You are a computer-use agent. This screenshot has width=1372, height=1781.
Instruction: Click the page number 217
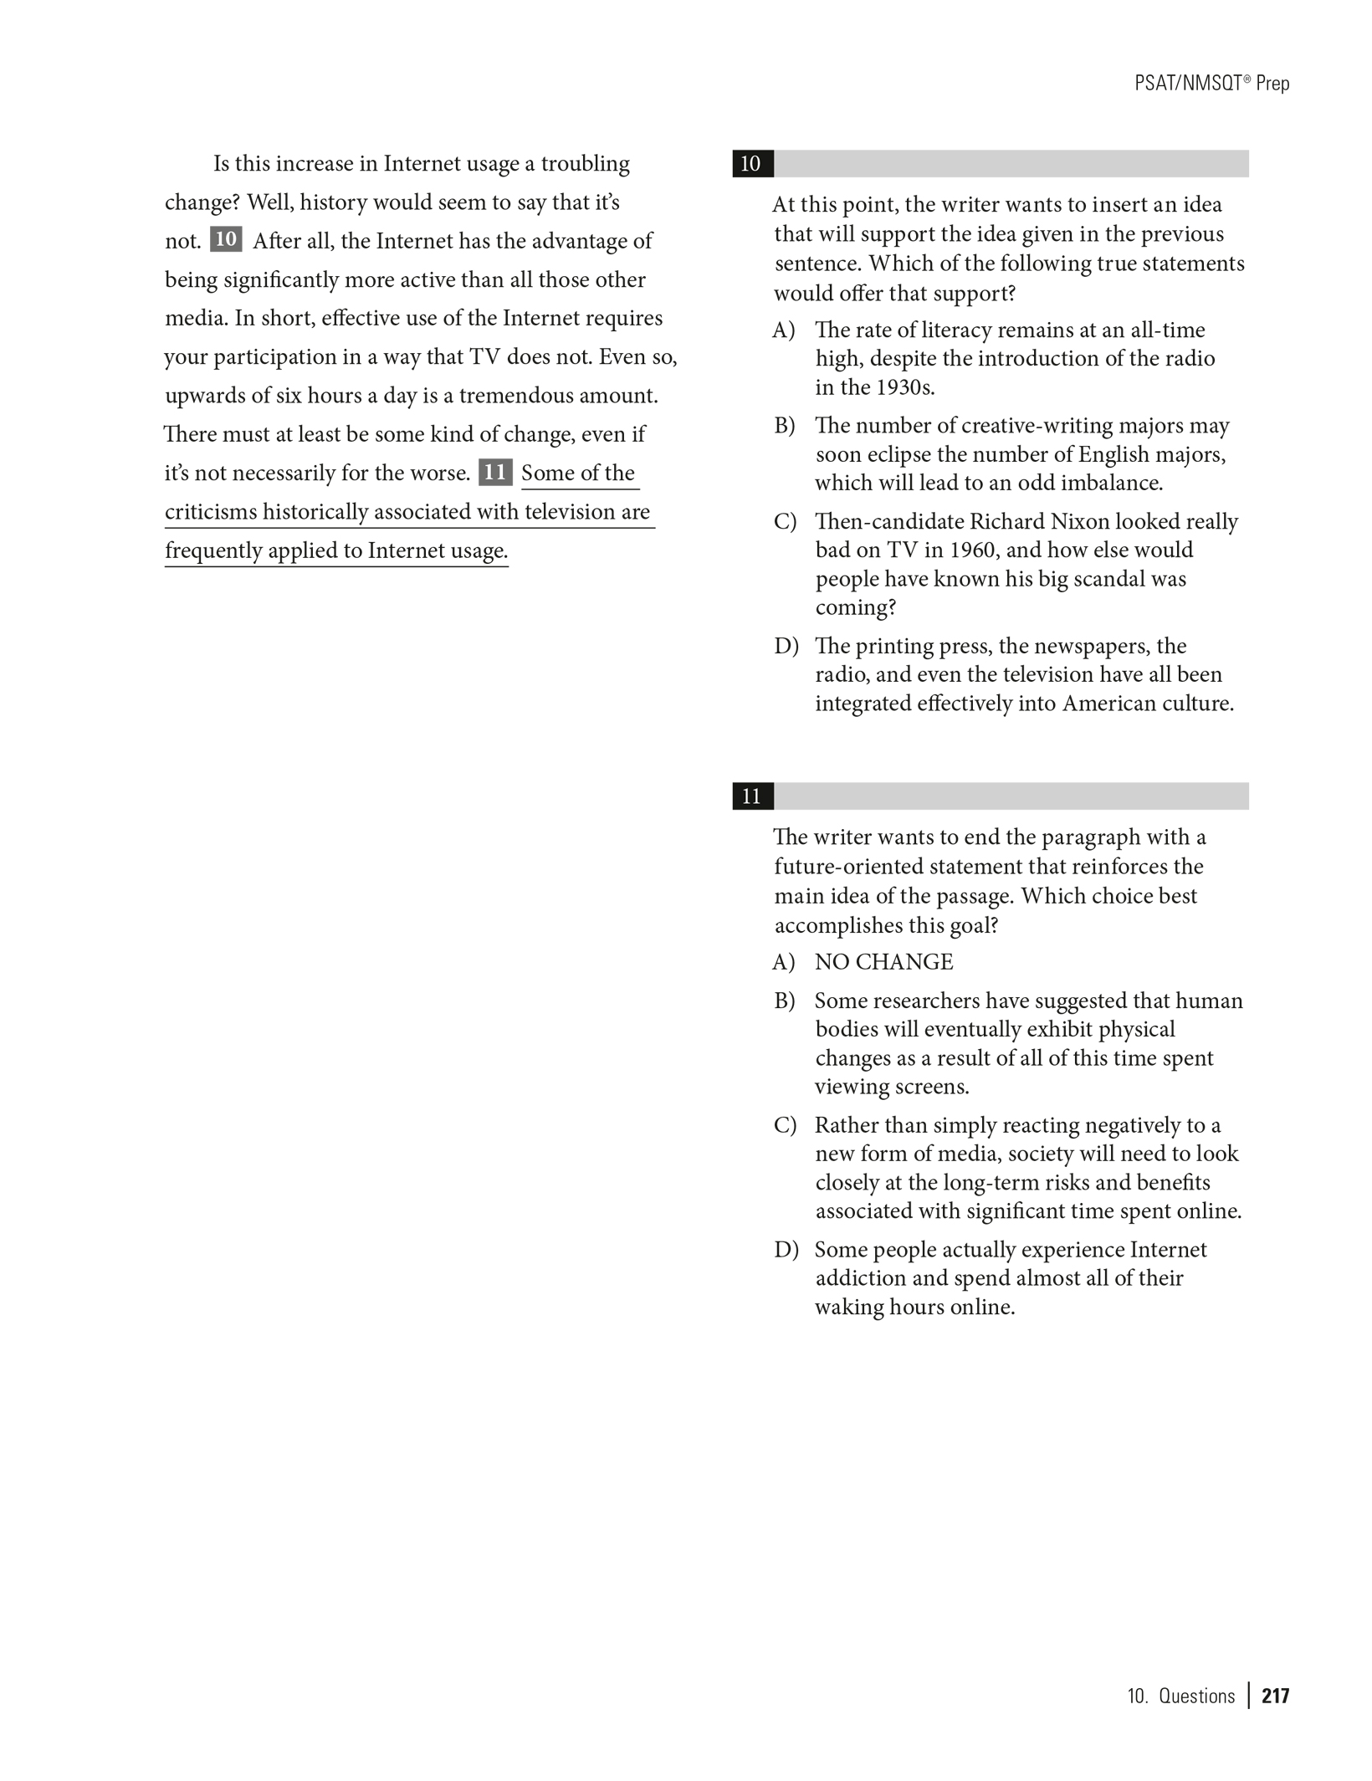point(1276,1696)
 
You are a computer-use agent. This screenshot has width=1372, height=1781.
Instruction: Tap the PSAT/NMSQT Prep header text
point(1212,84)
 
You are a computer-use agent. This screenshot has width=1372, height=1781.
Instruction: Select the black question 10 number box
point(751,164)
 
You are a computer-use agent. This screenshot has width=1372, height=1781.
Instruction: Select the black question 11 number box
point(751,796)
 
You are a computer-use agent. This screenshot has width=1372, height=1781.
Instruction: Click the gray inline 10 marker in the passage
point(226,240)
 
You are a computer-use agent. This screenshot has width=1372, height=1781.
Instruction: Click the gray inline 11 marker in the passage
point(494,473)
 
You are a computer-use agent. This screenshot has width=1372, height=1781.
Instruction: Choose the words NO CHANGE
point(883,962)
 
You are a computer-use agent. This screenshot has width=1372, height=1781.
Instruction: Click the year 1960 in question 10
point(971,550)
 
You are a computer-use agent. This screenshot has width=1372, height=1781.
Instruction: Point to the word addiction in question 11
point(857,1278)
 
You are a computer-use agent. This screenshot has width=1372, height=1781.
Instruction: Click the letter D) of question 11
point(786,1250)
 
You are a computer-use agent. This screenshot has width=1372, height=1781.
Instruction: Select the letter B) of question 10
point(785,426)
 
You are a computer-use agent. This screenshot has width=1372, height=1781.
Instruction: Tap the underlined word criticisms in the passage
point(211,512)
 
